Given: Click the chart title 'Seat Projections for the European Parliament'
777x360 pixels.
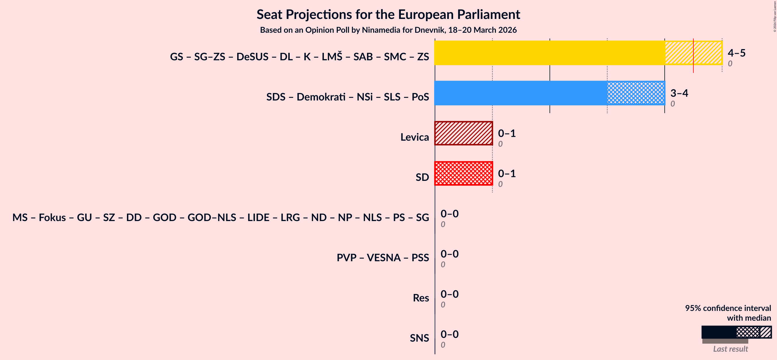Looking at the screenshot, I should [388, 14].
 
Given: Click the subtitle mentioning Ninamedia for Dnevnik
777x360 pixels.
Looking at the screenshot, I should [388, 30].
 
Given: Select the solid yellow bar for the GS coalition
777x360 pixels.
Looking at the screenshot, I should [549, 53].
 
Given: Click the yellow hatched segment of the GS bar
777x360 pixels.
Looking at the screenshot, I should [679, 53].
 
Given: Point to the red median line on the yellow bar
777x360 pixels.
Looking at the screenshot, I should [693, 56].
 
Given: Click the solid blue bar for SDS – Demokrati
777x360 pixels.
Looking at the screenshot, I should [520, 93].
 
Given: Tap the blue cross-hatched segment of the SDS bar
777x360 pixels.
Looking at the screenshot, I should [636, 93].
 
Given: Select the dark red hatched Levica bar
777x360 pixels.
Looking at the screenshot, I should [463, 133].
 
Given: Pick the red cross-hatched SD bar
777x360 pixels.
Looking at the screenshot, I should [463, 173].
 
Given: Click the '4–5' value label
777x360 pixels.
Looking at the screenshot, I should [736, 53].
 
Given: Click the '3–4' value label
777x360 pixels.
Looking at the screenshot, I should [679, 93].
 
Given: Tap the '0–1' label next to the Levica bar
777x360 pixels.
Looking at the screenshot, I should [507, 133].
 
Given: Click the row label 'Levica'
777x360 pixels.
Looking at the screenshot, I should [414, 137].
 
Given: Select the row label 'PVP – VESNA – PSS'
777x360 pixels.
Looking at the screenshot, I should [382, 258].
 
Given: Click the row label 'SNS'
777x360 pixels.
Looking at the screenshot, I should [419, 338].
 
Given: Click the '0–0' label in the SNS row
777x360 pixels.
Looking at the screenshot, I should [449, 334].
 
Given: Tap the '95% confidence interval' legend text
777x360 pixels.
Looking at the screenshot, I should [728, 308].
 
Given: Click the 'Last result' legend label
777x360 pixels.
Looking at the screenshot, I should [730, 349].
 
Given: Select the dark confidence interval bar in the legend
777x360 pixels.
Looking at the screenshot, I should [718, 332].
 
